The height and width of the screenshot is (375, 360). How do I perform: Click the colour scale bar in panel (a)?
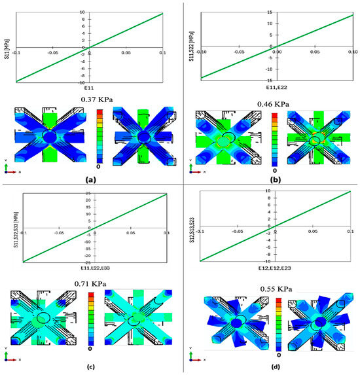98,134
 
